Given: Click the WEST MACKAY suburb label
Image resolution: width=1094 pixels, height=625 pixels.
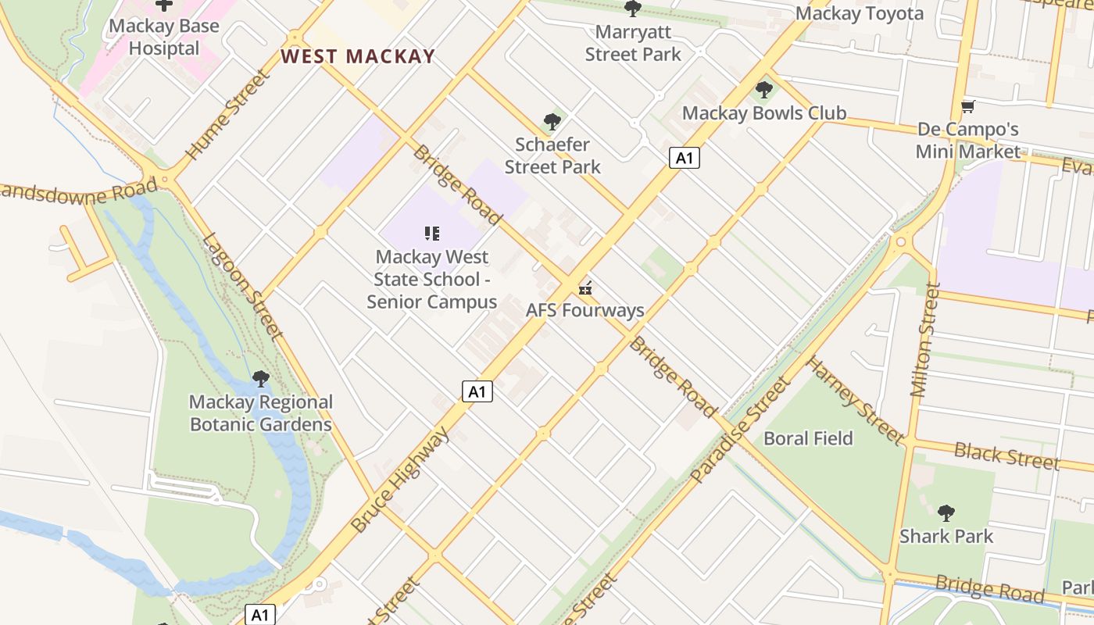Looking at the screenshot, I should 357,56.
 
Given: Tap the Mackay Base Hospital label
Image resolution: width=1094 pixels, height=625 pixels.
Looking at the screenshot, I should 164,37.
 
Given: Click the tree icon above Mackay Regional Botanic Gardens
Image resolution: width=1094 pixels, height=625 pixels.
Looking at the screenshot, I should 261,380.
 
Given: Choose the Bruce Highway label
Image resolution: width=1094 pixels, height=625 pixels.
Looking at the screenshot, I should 400,479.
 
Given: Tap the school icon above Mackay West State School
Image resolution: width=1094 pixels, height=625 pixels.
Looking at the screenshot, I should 432,233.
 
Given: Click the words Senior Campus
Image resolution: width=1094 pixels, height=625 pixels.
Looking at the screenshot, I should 432,302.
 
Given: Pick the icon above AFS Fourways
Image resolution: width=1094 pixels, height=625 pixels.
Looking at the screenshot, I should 585,287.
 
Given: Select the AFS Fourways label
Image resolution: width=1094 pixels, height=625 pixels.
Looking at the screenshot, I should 585,310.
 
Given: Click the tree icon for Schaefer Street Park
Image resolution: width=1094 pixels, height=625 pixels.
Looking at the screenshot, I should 552,122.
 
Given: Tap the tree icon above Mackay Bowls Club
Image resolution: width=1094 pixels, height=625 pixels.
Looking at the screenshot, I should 764,90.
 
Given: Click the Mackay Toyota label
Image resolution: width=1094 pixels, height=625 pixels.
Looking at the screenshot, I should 860,13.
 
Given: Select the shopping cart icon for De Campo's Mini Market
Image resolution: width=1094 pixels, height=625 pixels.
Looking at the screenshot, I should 968,106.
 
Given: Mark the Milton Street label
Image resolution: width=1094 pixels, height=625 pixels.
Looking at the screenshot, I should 924,339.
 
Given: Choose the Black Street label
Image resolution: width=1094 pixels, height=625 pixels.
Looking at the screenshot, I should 1006,455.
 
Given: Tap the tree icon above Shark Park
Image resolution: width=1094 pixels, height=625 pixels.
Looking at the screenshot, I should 946,513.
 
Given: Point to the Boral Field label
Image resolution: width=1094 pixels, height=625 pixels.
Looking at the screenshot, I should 808,438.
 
